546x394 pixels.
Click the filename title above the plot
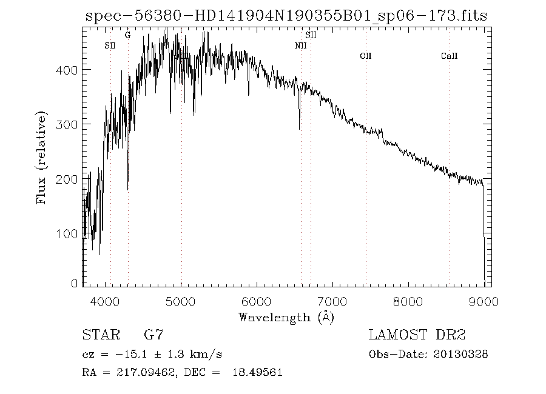(286, 16)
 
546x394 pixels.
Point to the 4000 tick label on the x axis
(106, 301)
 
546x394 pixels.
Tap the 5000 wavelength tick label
(181, 301)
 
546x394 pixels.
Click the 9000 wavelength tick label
(484, 301)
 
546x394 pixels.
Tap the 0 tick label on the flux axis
(75, 283)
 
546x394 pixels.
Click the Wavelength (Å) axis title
(286, 317)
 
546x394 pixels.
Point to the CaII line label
(449, 56)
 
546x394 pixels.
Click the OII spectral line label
(365, 56)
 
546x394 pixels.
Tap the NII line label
(301, 46)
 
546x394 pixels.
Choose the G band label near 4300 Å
(127, 36)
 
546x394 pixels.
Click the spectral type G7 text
(152, 335)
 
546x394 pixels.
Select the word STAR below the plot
(98, 335)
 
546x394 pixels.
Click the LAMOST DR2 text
(417, 335)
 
